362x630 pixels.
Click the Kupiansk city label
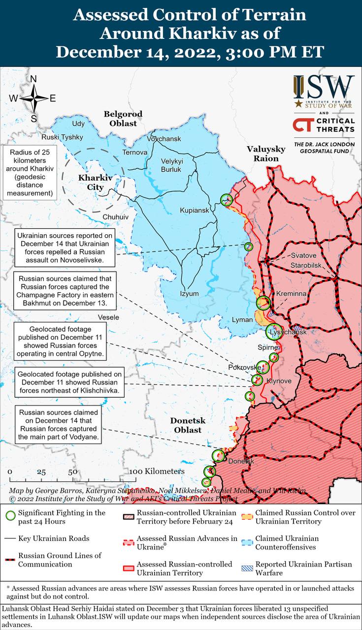[x=195, y=210]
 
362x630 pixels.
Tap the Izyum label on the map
[x=189, y=294]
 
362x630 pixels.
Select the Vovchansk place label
[x=164, y=139]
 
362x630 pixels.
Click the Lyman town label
[x=242, y=320]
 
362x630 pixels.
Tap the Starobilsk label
[x=305, y=266]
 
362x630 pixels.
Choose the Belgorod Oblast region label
[x=123, y=119]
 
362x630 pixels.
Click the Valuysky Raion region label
[x=266, y=154]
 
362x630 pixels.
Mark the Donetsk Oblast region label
[x=188, y=425]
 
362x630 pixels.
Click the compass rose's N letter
[x=33, y=79]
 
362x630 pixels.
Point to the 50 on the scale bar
[x=72, y=472]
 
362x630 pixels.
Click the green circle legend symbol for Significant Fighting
[x=9, y=516]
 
